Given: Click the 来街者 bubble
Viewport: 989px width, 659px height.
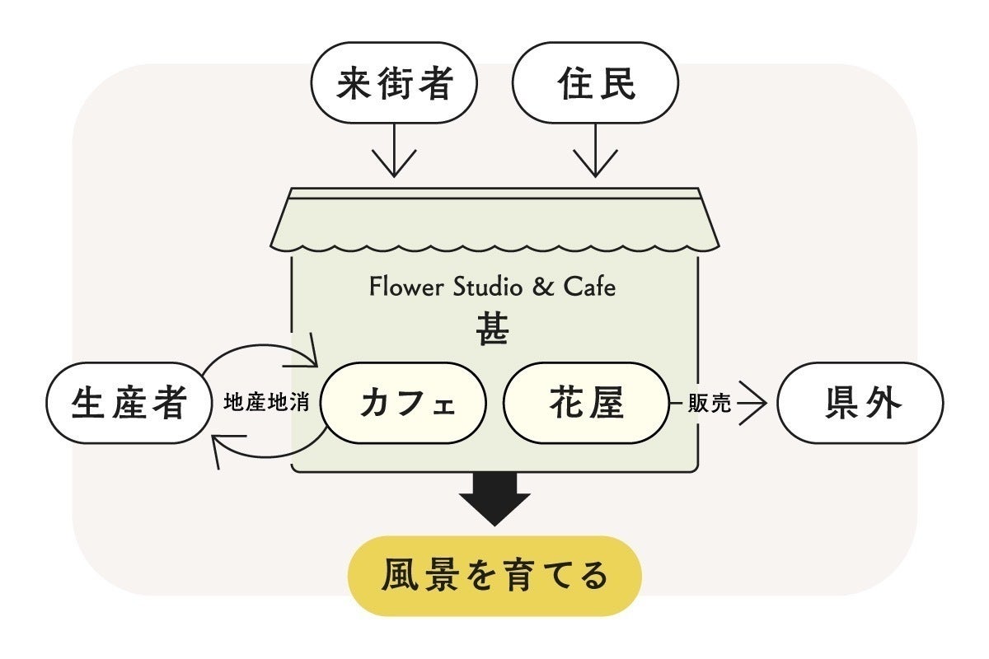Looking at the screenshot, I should coord(394,84).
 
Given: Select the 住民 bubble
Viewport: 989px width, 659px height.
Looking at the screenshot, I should coord(595,84).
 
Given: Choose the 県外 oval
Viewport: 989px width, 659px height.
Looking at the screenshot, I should coord(860,404).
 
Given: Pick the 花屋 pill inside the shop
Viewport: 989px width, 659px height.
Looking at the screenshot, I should coord(586,404).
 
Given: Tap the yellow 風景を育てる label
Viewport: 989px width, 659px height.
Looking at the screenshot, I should coord(494,576).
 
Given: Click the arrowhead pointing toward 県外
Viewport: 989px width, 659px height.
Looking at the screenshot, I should coord(754,404).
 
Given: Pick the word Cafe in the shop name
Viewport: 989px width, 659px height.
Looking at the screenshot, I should coord(589,287).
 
